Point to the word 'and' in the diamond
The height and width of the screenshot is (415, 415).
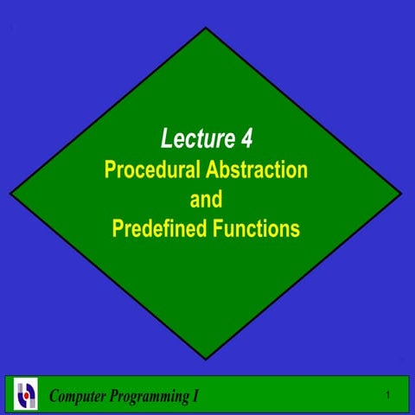point(206,199)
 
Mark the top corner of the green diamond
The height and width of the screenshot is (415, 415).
point(206,28)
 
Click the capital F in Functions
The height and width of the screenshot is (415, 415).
point(216,229)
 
